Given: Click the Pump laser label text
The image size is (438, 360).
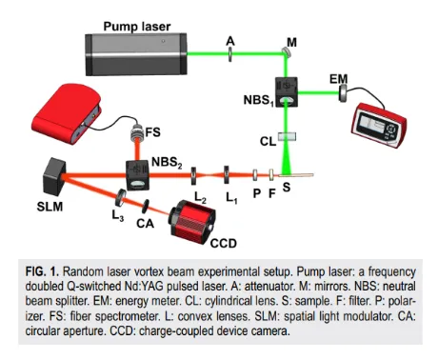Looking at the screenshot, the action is tap(137, 27).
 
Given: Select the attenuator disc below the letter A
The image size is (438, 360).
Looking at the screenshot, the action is tap(230, 54).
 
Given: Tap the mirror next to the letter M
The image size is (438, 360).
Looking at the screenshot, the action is tap(286, 51).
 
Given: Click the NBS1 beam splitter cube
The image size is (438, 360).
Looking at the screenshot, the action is tap(287, 91).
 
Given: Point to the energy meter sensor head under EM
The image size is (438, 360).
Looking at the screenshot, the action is tap(343, 93).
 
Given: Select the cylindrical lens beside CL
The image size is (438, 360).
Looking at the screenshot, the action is tap(288, 136).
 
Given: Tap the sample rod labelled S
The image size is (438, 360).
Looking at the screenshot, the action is tap(296, 174).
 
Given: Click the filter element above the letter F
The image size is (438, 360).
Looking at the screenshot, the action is tap(271, 174).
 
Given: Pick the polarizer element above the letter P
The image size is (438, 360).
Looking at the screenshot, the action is tap(255, 175).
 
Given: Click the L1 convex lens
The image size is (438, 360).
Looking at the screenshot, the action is tap(227, 174).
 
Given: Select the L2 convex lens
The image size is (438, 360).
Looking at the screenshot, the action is tap(194, 176).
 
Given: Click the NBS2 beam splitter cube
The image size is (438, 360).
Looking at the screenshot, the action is tap(137, 175).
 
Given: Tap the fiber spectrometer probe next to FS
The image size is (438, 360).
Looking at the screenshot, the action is tap(137, 133).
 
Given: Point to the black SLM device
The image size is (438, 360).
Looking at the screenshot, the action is tap(54, 176).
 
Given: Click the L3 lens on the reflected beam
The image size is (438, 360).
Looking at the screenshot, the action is tap(121, 198).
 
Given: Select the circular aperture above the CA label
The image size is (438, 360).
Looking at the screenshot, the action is tap(146, 207).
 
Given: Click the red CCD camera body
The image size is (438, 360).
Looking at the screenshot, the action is tap(192, 222).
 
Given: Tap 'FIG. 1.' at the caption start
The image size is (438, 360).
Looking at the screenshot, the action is tap(42, 271).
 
